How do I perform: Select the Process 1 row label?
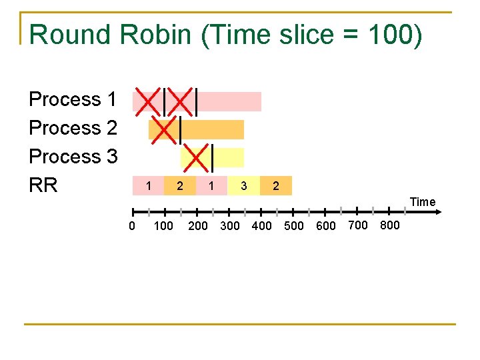[x=73, y=99]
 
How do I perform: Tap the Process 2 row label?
[x=73, y=128]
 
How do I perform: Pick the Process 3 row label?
[x=73, y=157]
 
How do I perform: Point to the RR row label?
[x=43, y=185]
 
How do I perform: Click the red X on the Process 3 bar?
[x=197, y=157]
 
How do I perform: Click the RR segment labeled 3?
[x=244, y=185]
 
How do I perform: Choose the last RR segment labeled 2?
[x=276, y=185]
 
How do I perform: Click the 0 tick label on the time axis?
[x=132, y=226]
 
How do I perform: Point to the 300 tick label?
[x=229, y=226]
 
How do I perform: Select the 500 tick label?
[x=294, y=226]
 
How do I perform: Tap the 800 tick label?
[x=389, y=225]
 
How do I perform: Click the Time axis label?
[x=423, y=202]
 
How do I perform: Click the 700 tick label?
[x=358, y=225]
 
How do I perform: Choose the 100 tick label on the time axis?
[x=163, y=226]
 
